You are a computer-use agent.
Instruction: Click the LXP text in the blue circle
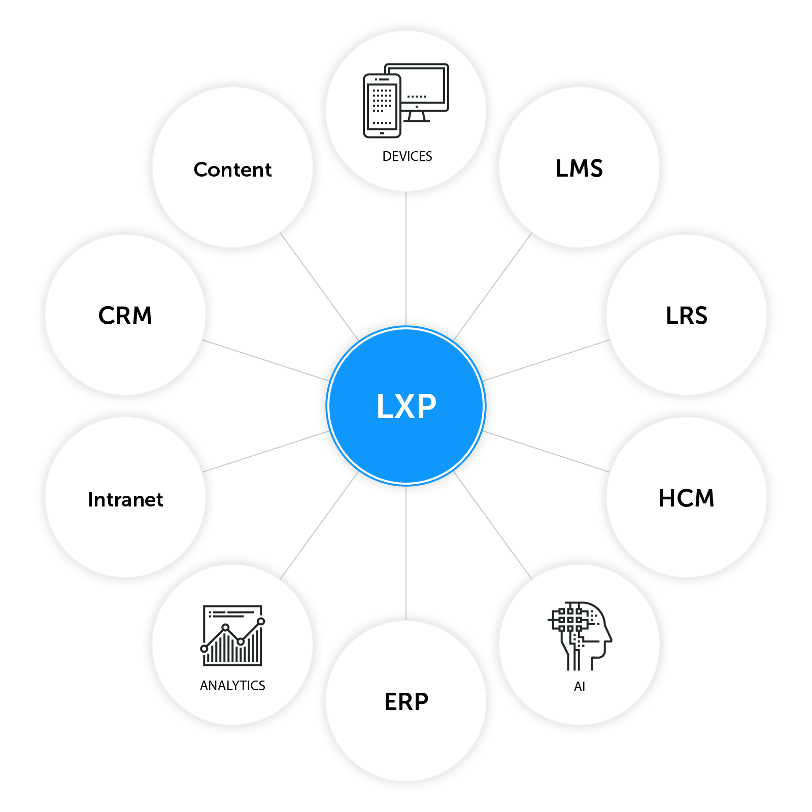click(406, 406)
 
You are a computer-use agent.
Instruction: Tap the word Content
click(232, 170)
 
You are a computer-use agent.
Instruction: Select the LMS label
click(579, 168)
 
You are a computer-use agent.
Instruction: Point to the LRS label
click(686, 315)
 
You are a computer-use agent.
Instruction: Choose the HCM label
click(686, 498)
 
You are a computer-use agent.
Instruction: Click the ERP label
click(406, 702)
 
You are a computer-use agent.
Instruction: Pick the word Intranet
click(125, 499)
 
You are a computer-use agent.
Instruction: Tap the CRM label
click(125, 315)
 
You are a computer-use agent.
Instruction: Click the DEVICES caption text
click(407, 156)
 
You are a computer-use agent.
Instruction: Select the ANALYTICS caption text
click(232, 686)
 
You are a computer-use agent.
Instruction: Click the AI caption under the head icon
click(579, 687)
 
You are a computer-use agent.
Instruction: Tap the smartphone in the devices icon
click(382, 106)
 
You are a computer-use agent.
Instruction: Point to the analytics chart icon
click(232, 635)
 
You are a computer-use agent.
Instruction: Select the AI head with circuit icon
click(580, 636)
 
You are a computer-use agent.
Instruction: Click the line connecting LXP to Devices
click(406, 259)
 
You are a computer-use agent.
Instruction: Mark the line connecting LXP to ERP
click(406, 553)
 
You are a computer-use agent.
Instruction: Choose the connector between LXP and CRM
click(265, 360)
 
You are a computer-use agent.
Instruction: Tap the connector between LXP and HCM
click(546, 452)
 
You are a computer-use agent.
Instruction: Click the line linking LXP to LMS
click(493, 287)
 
